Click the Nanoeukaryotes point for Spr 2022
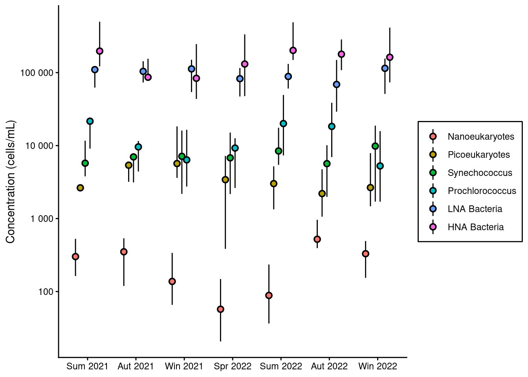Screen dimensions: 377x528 [220, 309]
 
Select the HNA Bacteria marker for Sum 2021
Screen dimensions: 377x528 [99, 51]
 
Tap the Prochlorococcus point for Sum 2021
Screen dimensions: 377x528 [90, 121]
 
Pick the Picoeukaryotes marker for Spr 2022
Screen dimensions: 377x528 [225, 179]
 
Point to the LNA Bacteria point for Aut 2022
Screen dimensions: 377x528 [336, 84]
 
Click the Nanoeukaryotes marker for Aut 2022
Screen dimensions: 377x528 [317, 239]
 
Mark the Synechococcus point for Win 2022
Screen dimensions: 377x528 [375, 146]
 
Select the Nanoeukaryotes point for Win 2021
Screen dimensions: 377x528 [172, 281]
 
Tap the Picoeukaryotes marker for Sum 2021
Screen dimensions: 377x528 [80, 188]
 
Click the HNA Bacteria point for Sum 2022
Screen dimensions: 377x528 [293, 50]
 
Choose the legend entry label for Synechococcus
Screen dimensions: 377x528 [480, 173]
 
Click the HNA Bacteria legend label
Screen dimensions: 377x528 [475, 227]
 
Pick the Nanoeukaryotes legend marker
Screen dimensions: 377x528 [433, 137]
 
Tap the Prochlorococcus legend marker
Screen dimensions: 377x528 [433, 191]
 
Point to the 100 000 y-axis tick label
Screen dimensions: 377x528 [37, 73]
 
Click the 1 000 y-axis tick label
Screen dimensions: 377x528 [42, 219]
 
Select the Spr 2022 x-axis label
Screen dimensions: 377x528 [233, 366]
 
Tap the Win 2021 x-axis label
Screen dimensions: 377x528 [184, 366]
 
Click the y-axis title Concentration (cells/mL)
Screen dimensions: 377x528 [10, 182]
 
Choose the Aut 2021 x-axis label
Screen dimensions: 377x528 [136, 366]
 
